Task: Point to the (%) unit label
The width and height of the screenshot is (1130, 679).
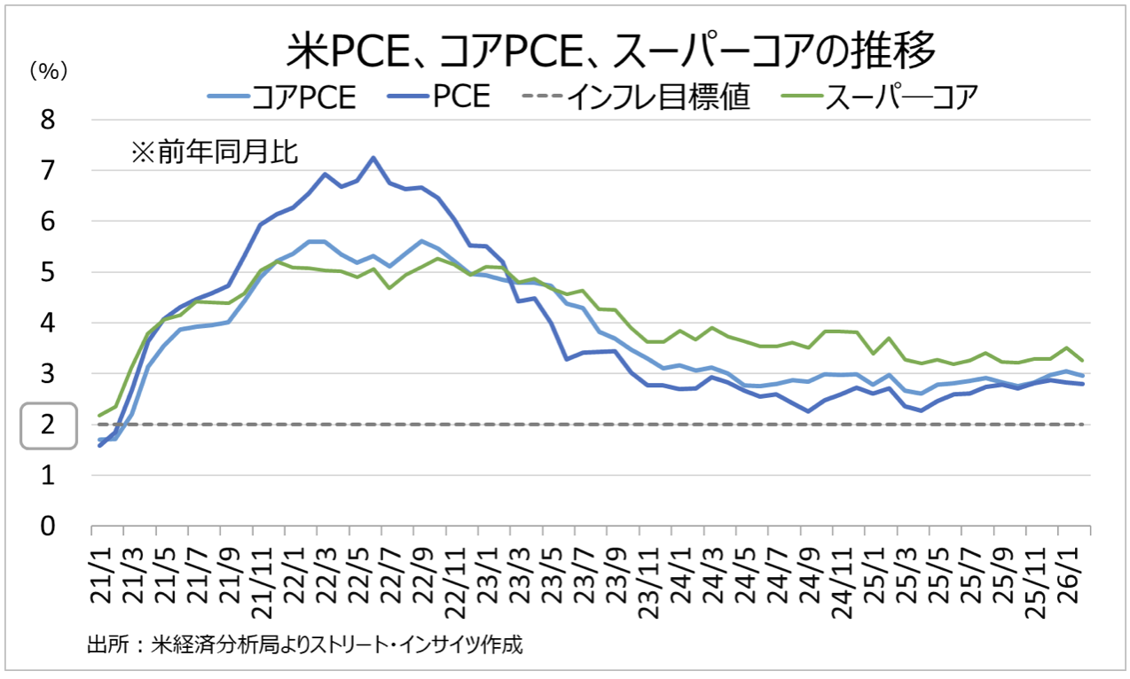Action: pyautogui.click(x=49, y=72)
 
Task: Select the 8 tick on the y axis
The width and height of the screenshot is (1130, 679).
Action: pyautogui.click(x=48, y=120)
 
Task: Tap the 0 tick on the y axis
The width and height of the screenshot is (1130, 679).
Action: pyautogui.click(x=48, y=527)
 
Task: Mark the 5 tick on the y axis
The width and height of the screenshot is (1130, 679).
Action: pyautogui.click(x=48, y=272)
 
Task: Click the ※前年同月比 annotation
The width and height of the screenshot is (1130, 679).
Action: pyautogui.click(x=214, y=152)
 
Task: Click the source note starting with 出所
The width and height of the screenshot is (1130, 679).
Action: pyautogui.click(x=305, y=644)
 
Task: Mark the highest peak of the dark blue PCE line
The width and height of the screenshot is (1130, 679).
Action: pyautogui.click(x=373, y=158)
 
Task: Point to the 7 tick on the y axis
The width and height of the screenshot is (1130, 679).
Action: pyautogui.click(x=48, y=170)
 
